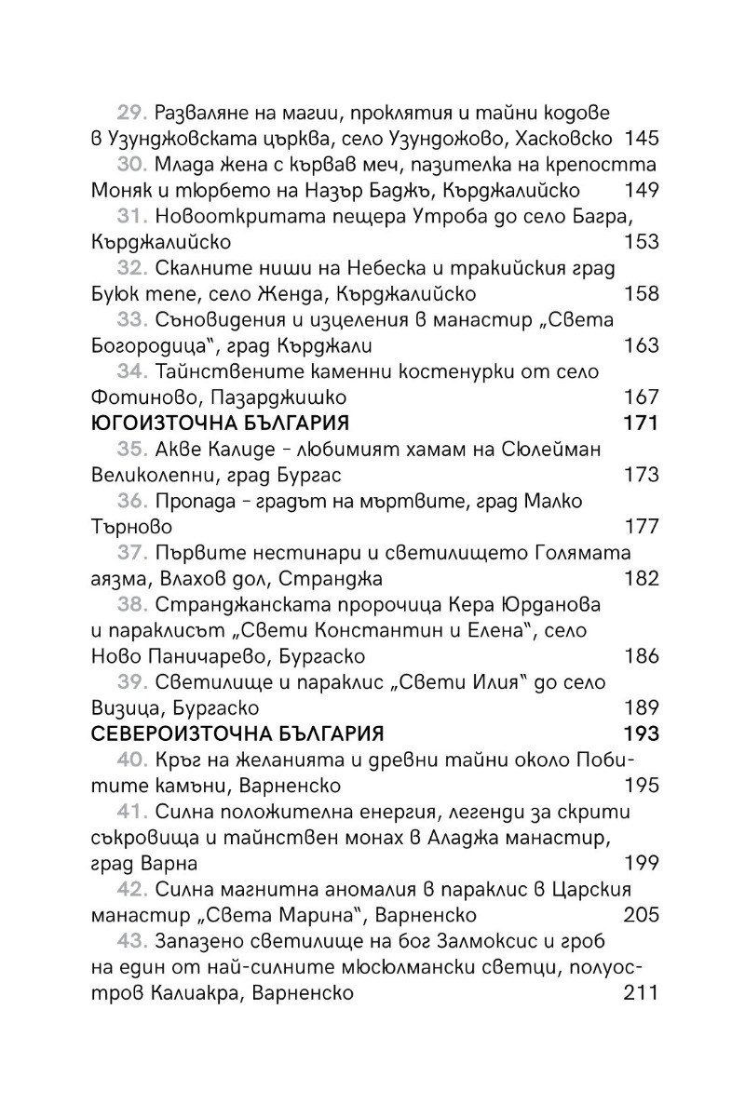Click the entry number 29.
coord(133,114)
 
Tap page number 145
coord(642,140)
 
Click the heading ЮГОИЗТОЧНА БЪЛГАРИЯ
coord(220,424)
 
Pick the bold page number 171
coord(641,424)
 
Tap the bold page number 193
coord(641,733)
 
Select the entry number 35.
coord(133,450)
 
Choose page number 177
coord(642,527)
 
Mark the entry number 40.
coord(133,760)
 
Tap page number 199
coord(642,863)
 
